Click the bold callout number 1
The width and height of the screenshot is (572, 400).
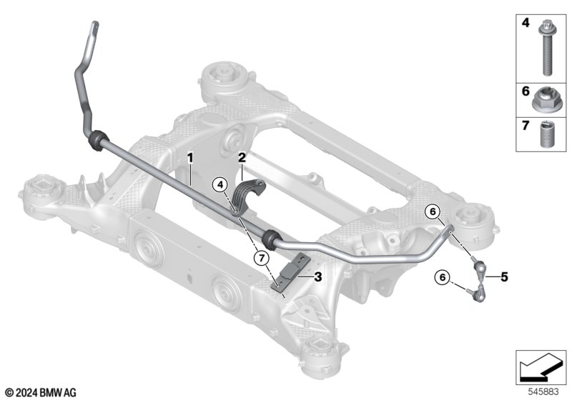tap(189, 158)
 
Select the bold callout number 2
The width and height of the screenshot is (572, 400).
tap(242, 158)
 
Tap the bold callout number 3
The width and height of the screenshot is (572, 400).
tap(318, 277)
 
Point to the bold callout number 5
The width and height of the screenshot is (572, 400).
tap(505, 277)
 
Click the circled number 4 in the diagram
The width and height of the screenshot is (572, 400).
tap(220, 186)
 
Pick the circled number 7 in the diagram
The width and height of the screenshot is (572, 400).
tap(262, 259)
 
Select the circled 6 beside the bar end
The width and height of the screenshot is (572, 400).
tap(433, 211)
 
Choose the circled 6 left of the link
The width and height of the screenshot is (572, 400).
tap(443, 278)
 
